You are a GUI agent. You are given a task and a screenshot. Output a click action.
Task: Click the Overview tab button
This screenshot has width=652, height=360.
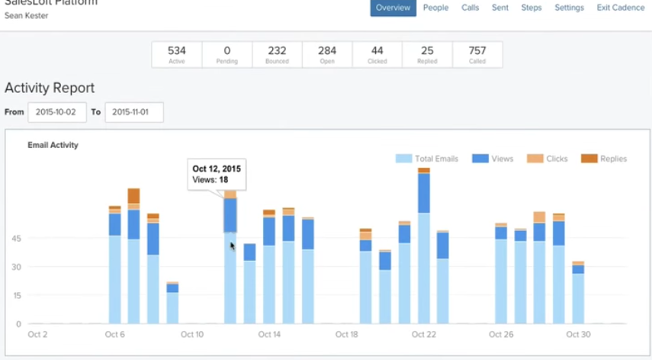(x=393, y=8)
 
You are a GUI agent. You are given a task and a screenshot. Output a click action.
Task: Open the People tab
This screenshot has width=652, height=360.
(x=435, y=8)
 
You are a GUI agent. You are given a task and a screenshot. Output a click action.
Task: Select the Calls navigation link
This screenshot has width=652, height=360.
(x=471, y=8)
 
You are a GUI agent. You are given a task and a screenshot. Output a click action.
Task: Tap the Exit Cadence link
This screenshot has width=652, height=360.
(x=620, y=8)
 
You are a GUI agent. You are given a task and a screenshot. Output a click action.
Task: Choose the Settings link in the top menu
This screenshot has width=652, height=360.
(x=569, y=8)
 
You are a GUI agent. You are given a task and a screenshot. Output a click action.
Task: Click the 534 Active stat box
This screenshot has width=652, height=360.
(x=177, y=54)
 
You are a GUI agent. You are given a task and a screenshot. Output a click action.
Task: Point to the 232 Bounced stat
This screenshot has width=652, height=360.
(x=277, y=54)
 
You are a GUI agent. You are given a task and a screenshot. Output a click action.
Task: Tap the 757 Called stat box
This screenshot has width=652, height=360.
(x=477, y=54)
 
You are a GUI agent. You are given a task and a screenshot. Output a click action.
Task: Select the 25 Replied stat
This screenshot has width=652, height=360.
(x=427, y=54)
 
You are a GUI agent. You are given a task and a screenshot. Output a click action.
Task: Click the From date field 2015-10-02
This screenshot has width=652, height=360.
(x=57, y=112)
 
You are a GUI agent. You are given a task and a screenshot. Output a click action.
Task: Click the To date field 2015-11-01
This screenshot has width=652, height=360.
(x=134, y=112)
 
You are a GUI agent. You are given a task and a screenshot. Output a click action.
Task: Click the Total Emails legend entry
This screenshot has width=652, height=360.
(x=427, y=159)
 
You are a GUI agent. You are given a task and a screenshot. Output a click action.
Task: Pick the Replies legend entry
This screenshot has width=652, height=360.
(x=604, y=159)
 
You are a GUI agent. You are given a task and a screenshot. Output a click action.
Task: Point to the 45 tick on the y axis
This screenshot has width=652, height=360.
(x=16, y=238)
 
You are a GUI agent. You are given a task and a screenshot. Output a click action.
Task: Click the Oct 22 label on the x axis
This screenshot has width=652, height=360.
(x=423, y=334)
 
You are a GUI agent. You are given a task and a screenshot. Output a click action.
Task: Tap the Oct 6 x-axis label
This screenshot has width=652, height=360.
(x=114, y=334)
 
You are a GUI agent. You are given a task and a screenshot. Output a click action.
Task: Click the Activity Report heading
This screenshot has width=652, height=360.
(x=50, y=88)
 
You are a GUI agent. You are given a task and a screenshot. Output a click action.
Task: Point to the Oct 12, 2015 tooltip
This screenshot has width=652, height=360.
(x=218, y=175)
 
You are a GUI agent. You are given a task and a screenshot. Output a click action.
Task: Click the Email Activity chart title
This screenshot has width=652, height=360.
(x=53, y=144)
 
